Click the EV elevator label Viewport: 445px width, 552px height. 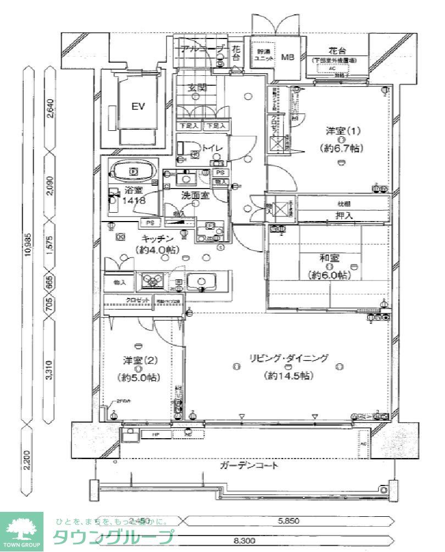tap(138, 107)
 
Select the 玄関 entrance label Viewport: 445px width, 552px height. tap(196, 87)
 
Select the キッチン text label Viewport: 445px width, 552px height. tap(158, 238)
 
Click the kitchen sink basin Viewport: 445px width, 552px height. tap(201, 282)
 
